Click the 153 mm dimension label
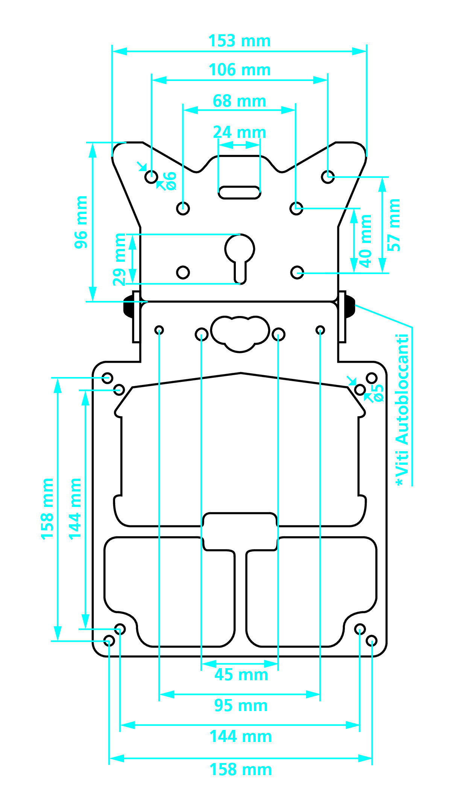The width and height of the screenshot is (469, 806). click(x=240, y=41)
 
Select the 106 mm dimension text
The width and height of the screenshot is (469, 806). click(x=240, y=70)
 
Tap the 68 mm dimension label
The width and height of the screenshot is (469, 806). click(x=240, y=101)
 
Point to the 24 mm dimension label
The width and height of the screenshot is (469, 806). click(x=240, y=133)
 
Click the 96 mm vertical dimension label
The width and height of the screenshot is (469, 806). click(x=81, y=222)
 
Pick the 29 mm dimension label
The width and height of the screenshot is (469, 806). click(x=119, y=260)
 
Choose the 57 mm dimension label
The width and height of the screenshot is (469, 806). click(x=394, y=225)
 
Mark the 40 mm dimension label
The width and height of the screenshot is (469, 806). click(x=365, y=241)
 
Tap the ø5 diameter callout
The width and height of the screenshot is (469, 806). click(x=378, y=393)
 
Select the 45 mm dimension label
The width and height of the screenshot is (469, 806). click(x=241, y=675)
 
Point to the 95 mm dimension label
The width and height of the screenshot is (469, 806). click(x=241, y=705)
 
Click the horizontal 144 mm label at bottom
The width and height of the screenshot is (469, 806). click(x=240, y=736)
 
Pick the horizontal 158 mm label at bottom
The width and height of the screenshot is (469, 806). click(x=240, y=769)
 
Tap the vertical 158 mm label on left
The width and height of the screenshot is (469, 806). click(x=47, y=509)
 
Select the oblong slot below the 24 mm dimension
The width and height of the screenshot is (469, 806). click(x=240, y=192)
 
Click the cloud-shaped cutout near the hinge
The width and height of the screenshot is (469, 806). click(x=240, y=333)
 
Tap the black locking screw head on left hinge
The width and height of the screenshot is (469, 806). click(x=128, y=306)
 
